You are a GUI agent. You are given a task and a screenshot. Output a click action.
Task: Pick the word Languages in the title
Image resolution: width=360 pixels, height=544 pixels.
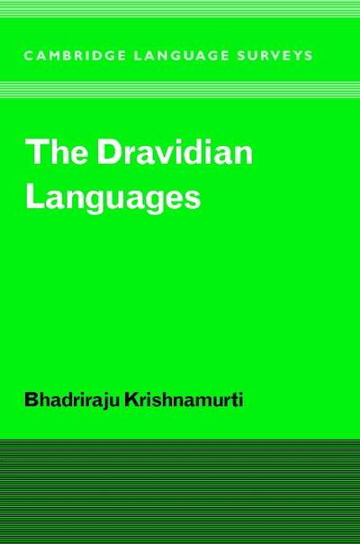(112, 197)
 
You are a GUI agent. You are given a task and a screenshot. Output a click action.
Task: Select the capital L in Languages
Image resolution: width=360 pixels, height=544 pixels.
(35, 195)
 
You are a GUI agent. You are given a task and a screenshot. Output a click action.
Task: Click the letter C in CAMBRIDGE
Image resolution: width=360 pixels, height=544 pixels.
(29, 54)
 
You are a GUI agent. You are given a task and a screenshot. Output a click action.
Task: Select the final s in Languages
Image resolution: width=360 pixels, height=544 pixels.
(192, 199)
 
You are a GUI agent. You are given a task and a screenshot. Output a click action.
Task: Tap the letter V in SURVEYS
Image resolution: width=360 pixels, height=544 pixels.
(269, 54)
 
